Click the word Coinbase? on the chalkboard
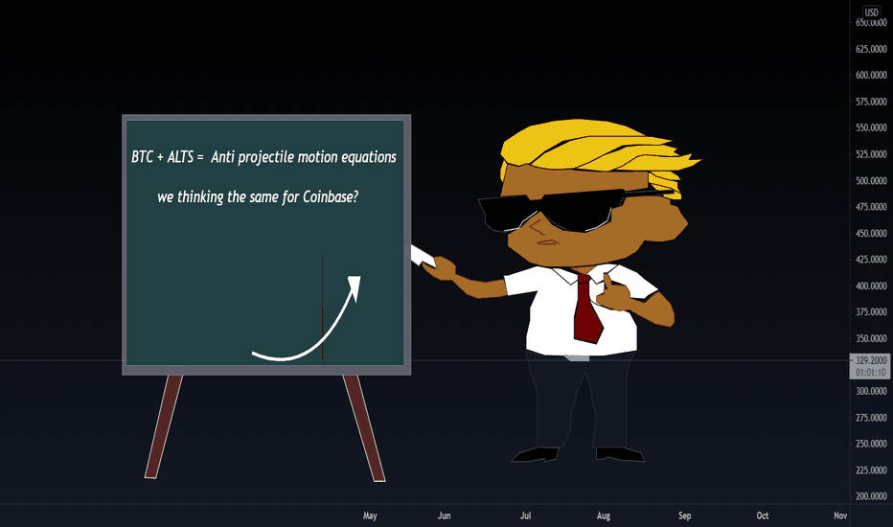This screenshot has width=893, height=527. (x=331, y=197)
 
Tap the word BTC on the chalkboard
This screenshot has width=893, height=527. (x=142, y=157)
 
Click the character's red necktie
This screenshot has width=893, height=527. (x=587, y=308)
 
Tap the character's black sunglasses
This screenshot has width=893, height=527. (x=569, y=211)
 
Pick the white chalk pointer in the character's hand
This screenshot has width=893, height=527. (x=423, y=256)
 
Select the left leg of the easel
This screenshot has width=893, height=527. (x=164, y=426)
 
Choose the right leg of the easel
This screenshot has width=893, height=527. (x=364, y=427)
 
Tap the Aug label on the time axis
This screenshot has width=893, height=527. (x=603, y=516)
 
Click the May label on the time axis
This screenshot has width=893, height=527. (x=370, y=516)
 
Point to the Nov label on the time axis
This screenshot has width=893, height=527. (x=840, y=516)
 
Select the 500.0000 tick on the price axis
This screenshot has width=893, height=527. (x=871, y=180)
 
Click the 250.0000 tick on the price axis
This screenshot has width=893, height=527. (x=871, y=444)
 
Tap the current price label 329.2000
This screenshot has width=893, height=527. (x=871, y=360)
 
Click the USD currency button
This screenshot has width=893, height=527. (x=871, y=11)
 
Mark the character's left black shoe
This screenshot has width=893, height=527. (x=536, y=454)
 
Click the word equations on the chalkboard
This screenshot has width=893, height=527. (x=369, y=158)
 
